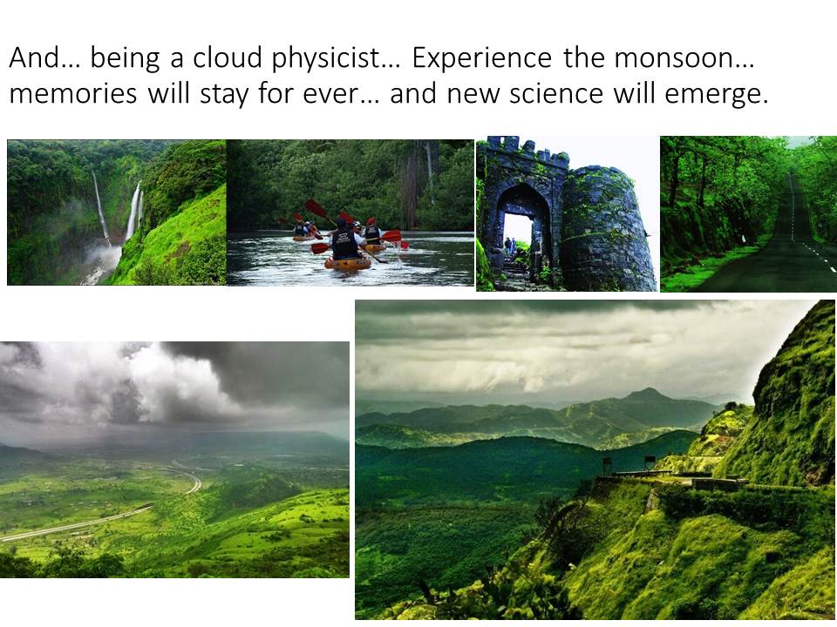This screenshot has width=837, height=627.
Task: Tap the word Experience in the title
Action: [481, 58]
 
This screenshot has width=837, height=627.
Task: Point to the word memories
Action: [73, 93]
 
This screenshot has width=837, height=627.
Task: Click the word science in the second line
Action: [555, 93]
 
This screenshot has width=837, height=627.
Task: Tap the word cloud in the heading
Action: [227, 57]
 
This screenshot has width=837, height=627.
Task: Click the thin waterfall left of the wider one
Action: [100, 208]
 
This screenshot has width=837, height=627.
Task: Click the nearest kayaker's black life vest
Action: [346, 244]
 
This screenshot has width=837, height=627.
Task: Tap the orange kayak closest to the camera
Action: [348, 263]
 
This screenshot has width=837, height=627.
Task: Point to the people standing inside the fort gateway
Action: [510, 246]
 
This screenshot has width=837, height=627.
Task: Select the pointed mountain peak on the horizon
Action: [648, 395]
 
